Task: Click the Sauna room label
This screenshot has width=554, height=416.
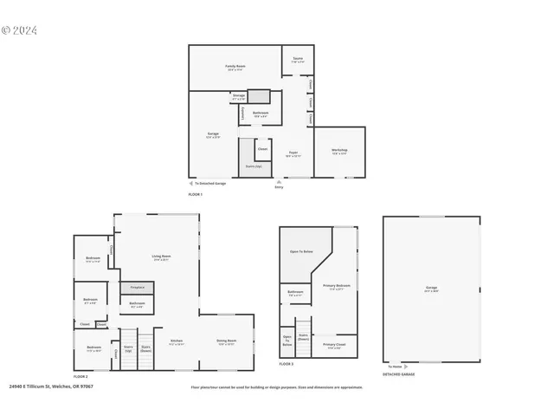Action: coord(297,61)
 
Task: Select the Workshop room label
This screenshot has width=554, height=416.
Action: coord(339,150)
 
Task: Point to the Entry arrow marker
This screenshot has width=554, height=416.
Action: coord(278,182)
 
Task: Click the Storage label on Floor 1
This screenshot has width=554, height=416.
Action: coord(239,95)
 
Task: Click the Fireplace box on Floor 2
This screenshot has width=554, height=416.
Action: coord(137,287)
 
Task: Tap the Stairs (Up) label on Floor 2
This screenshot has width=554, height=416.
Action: coord(128,348)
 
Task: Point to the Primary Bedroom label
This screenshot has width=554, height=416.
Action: coord(336,286)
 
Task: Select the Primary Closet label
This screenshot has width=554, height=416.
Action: coord(332,346)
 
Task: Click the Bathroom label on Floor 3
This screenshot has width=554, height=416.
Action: coord(295,292)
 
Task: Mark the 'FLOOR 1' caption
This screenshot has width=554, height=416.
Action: coord(196,194)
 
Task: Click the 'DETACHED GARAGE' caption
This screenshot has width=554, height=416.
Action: coord(399,374)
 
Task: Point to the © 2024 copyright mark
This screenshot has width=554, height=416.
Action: coord(19,30)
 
